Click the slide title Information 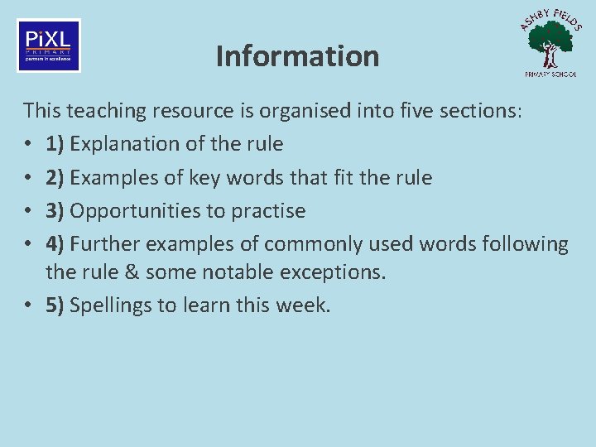click(x=297, y=56)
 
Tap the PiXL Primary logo click(x=49, y=46)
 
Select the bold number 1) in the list click(x=56, y=144)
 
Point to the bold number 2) click(x=56, y=178)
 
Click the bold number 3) click(x=56, y=211)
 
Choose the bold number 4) click(x=56, y=245)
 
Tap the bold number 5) click(x=56, y=305)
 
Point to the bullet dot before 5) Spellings click(x=28, y=305)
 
